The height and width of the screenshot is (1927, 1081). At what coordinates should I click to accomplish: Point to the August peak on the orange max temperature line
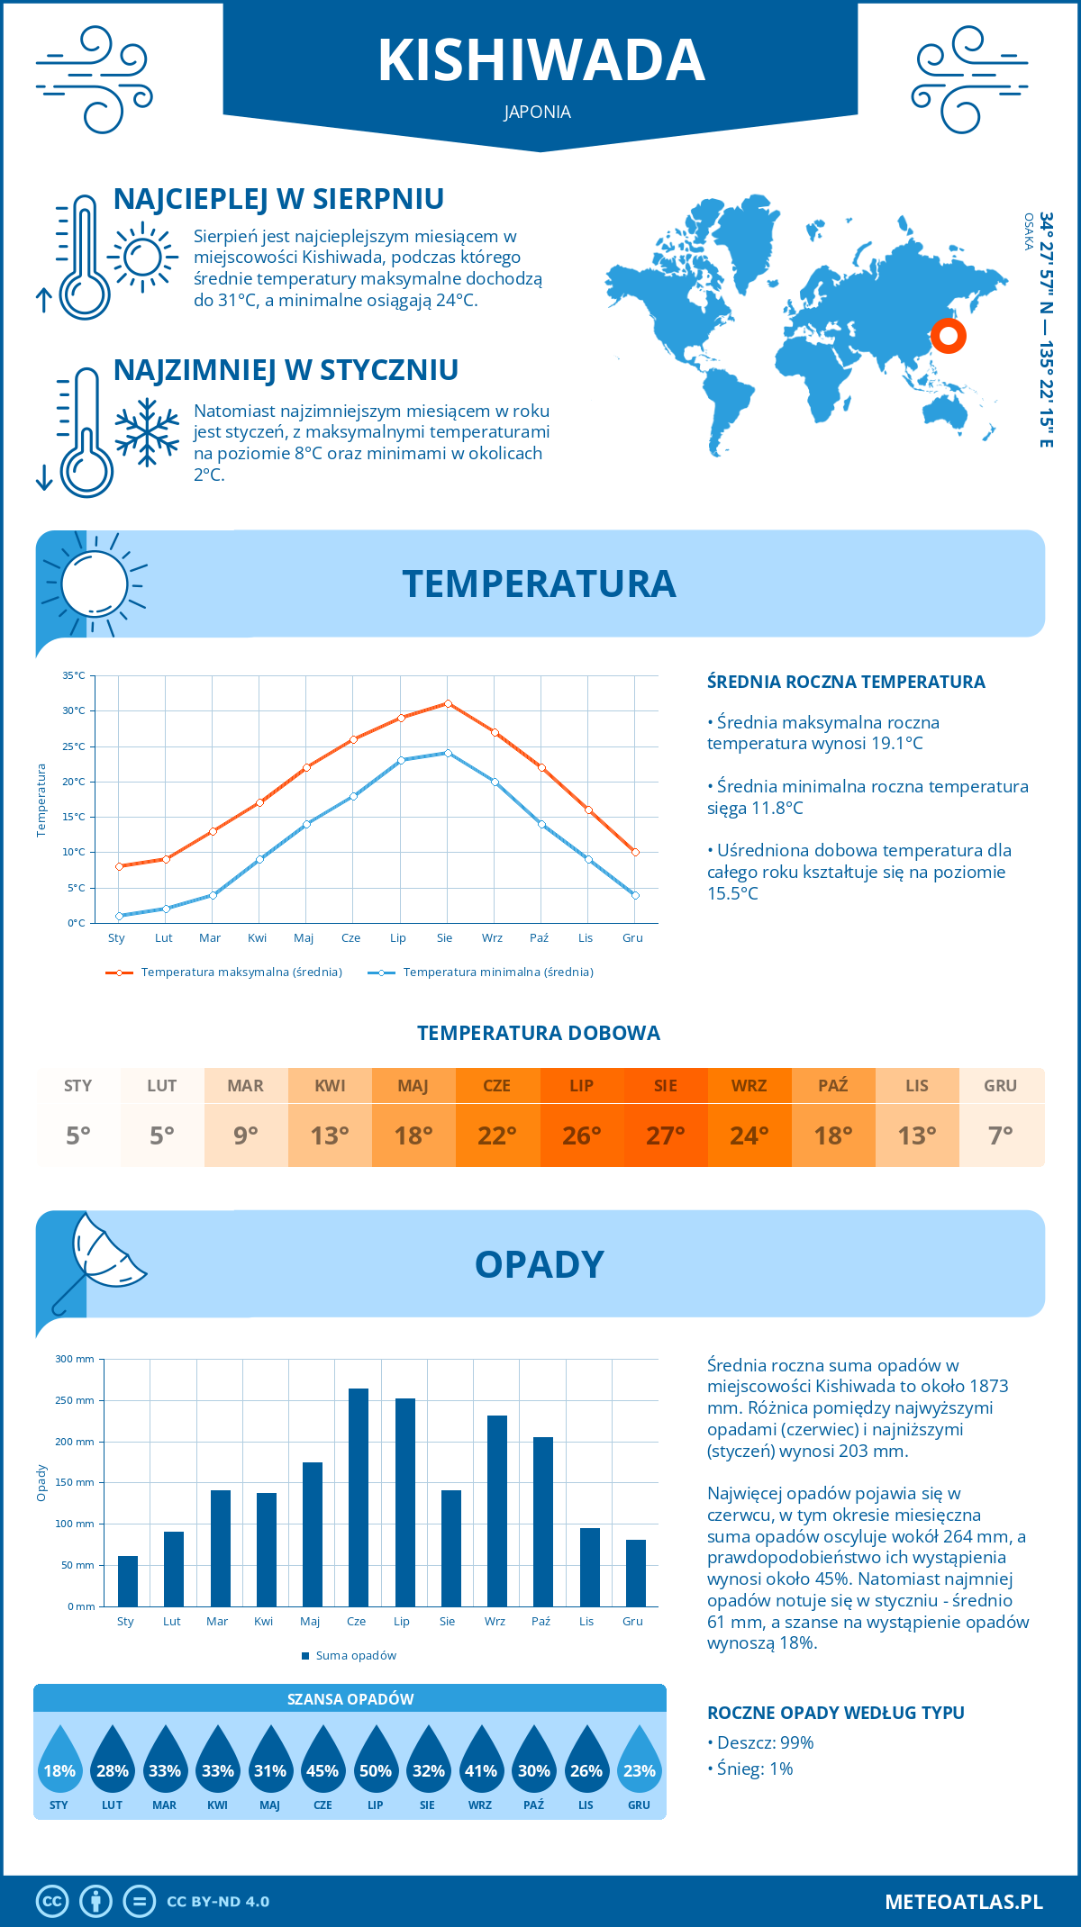coord(448,703)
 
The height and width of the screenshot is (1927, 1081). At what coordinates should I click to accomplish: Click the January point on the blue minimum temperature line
coord(119,916)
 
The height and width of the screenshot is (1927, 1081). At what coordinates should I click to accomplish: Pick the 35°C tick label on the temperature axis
coord(74,675)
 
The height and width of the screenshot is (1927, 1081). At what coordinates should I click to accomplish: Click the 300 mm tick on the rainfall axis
coord(76,1359)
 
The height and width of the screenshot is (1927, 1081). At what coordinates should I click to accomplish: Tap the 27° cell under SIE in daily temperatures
coord(666,1135)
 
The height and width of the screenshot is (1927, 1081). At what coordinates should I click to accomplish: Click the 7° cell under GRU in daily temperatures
coord(1001,1135)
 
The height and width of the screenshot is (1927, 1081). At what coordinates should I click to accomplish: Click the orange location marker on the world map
coord(948,336)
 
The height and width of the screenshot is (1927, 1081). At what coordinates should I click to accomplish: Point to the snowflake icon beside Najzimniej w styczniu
coord(147,432)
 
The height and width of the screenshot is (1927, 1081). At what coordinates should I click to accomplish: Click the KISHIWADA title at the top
coord(540,61)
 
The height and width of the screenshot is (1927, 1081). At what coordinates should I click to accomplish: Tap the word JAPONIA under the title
coord(538,113)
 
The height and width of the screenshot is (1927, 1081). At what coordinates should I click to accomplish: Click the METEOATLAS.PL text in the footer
coord(964,1902)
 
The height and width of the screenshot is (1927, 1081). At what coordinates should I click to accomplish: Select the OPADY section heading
coord(539,1264)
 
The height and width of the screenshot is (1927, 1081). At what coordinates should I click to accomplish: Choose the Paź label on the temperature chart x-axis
coord(539,938)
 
